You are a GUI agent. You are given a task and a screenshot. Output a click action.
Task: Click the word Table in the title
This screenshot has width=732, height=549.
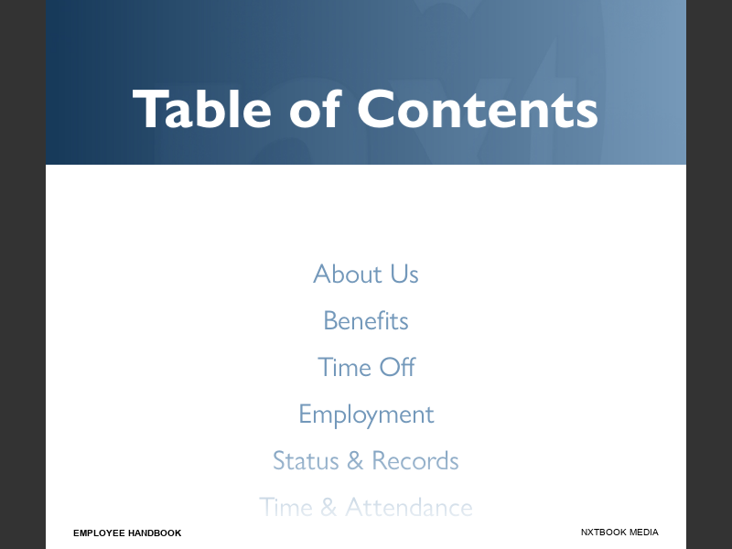[202, 109]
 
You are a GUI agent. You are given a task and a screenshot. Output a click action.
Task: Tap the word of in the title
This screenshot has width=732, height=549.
[315, 109]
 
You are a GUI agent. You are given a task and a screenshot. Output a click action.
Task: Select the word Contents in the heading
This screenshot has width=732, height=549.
[477, 109]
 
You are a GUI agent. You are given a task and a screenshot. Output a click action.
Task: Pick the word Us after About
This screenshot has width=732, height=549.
[404, 274]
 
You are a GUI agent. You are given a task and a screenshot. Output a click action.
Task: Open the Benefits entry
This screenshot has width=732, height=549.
[366, 320]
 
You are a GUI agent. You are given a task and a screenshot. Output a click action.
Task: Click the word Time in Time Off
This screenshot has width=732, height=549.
[344, 367]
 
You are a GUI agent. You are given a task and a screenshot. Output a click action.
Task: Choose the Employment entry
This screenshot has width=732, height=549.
[366, 414]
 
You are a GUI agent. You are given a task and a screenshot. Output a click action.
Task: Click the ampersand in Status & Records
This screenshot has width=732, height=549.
[355, 460]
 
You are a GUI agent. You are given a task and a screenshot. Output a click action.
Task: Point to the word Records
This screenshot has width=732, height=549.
[415, 460]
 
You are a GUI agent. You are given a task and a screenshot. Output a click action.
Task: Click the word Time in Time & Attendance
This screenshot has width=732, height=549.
[285, 507]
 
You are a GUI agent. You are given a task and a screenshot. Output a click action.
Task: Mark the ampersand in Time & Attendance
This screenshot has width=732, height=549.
[328, 507]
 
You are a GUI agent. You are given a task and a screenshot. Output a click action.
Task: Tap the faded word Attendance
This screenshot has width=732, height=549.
[409, 507]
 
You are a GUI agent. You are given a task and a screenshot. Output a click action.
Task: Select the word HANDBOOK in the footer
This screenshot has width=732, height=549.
[155, 533]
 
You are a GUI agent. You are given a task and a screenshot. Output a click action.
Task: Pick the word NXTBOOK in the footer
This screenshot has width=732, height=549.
[603, 533]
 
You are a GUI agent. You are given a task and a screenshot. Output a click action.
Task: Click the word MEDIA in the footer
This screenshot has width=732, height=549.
[643, 533]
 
